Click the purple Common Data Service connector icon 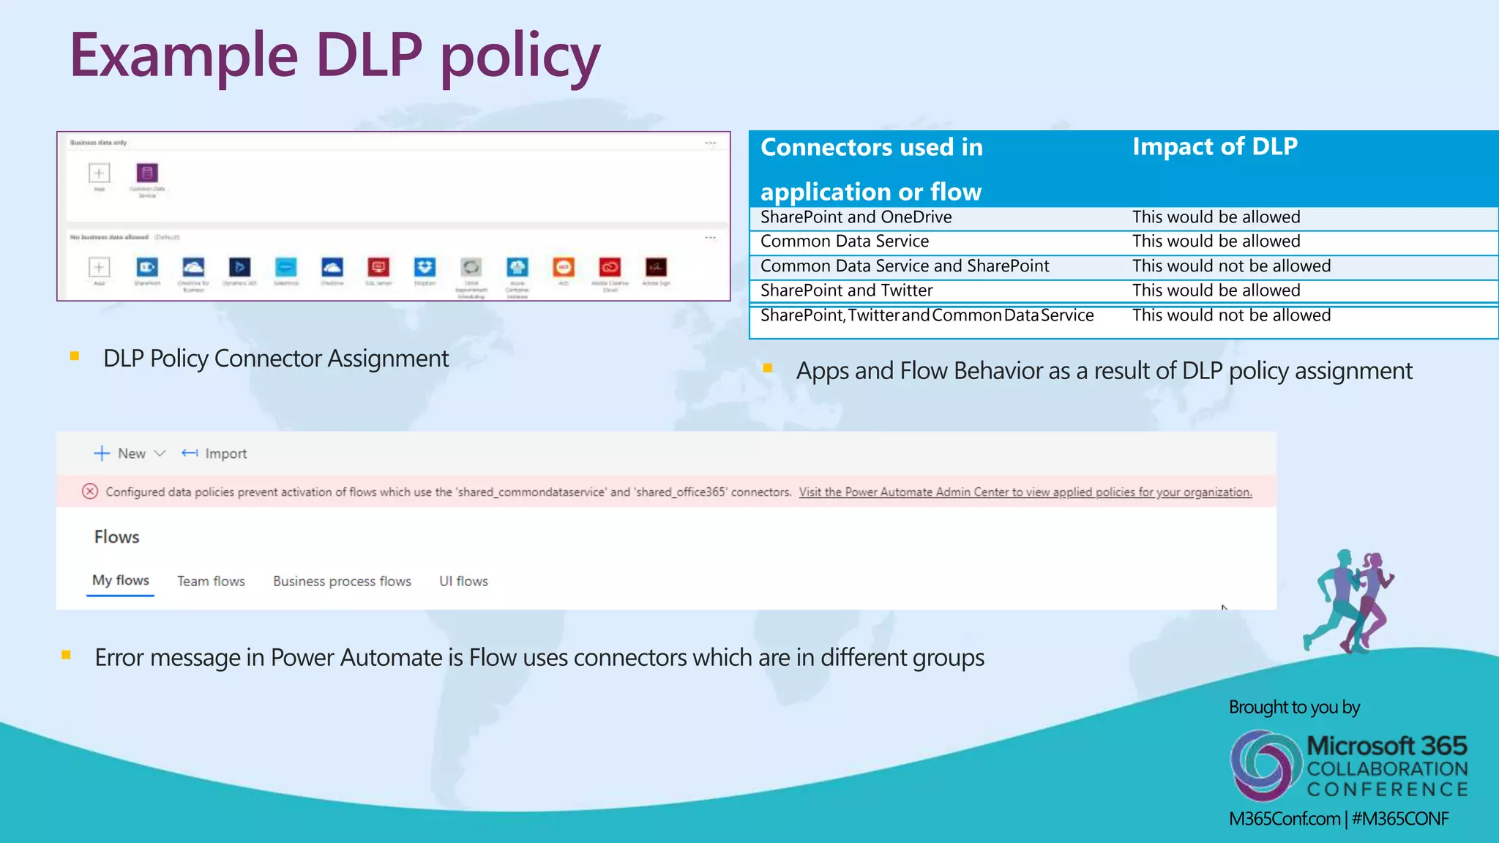pyautogui.click(x=147, y=173)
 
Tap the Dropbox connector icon pyautogui.click(x=425, y=267)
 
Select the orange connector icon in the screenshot pyautogui.click(x=564, y=267)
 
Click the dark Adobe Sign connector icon pyautogui.click(x=656, y=267)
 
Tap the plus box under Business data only pyautogui.click(x=100, y=173)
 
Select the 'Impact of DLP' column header pyautogui.click(x=1215, y=146)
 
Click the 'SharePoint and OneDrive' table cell pyautogui.click(x=856, y=217)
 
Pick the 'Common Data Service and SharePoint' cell pyautogui.click(x=905, y=266)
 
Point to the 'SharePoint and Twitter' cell pyautogui.click(x=846, y=291)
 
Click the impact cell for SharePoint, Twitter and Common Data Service pyautogui.click(x=1231, y=315)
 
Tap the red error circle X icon pyautogui.click(x=90, y=492)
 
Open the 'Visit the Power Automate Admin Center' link pyautogui.click(x=1025, y=492)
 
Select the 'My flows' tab pyautogui.click(x=121, y=581)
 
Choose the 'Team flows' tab pyautogui.click(x=211, y=582)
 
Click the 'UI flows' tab pyautogui.click(x=463, y=582)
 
